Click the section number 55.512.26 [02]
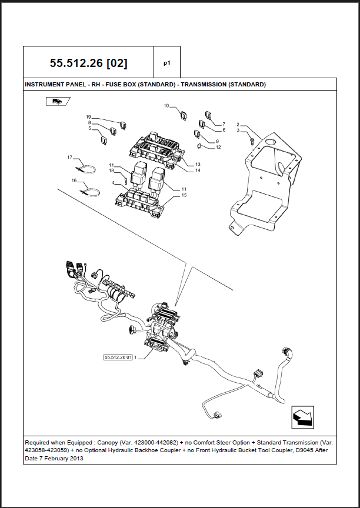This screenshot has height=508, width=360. (x=88, y=62)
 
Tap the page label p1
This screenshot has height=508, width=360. (x=166, y=62)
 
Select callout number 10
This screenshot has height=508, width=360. (x=166, y=106)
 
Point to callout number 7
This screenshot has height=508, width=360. (x=224, y=124)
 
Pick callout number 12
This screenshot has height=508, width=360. (x=218, y=148)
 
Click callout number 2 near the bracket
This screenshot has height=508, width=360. (x=238, y=124)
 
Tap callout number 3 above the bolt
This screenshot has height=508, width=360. (x=238, y=131)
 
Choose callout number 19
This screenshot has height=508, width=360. (x=88, y=116)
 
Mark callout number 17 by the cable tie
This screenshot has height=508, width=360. (x=69, y=157)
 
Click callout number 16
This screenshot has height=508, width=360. (x=74, y=180)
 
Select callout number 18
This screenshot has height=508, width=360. (x=111, y=171)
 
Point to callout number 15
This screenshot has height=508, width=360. (x=184, y=195)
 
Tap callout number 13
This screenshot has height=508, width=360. (x=198, y=164)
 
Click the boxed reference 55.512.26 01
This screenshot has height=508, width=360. (x=118, y=357)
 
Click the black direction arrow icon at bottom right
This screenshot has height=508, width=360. (x=302, y=416)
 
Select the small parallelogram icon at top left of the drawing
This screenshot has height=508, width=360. (x=57, y=101)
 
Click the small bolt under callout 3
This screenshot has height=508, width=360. (x=252, y=141)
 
